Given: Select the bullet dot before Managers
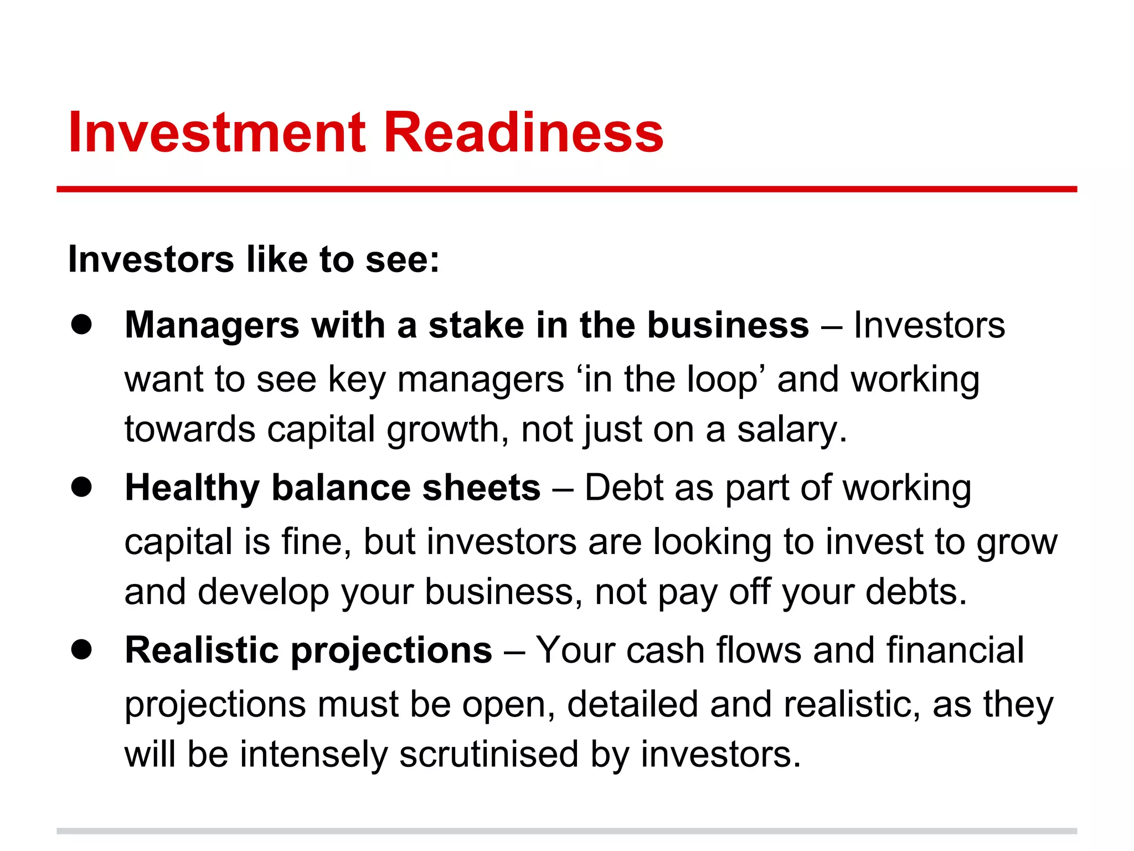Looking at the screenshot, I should tap(81, 325).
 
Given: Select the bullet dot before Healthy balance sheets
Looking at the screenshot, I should tap(81, 488).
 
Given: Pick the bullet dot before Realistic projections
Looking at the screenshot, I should tap(81, 650).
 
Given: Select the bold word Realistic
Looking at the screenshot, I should tap(202, 650).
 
